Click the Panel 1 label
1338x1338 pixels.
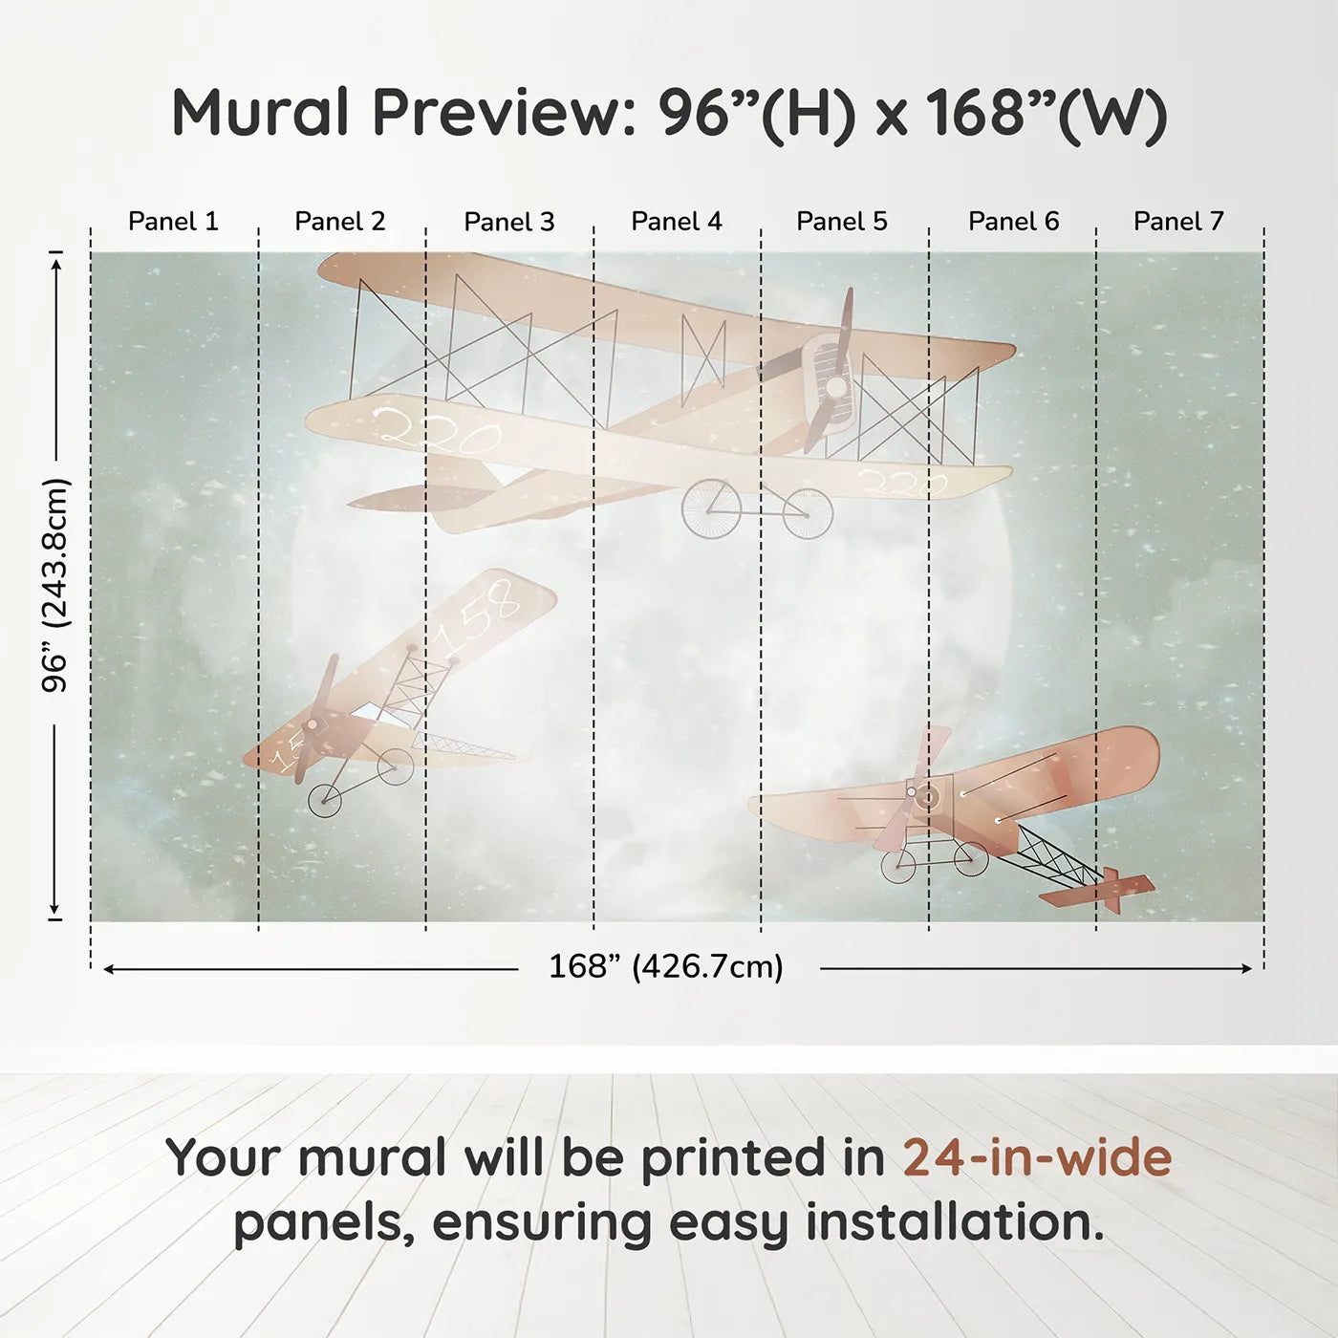(x=173, y=221)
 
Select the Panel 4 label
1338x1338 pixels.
(x=677, y=221)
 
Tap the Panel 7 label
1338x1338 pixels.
(x=1178, y=221)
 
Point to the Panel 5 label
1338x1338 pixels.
(x=842, y=221)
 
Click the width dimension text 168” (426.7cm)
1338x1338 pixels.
(x=666, y=966)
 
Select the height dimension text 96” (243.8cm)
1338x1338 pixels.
(x=55, y=585)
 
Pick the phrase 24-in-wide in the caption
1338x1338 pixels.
(x=1037, y=1157)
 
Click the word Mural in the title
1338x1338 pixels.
(x=260, y=113)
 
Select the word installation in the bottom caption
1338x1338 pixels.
(x=954, y=1222)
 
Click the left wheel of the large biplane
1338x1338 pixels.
(x=711, y=507)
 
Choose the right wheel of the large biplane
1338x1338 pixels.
(x=808, y=513)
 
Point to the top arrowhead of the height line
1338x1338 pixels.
(x=56, y=259)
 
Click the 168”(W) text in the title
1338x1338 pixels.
(x=1046, y=113)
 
